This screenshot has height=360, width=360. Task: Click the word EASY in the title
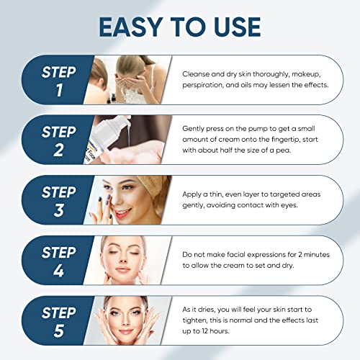[x=131, y=27]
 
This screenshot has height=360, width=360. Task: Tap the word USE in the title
[x=237, y=27]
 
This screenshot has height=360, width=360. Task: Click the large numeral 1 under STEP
[x=59, y=90]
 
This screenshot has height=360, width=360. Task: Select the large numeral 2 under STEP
[x=58, y=150]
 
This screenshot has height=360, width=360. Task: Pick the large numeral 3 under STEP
[x=59, y=210]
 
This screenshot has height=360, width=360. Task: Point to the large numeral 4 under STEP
[x=58, y=271]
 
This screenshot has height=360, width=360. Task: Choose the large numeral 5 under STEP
[x=59, y=330]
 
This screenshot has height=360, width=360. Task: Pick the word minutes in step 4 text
[x=317, y=254]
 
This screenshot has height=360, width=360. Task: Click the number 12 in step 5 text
[x=204, y=331]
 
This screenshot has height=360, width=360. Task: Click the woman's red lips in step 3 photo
[x=122, y=212]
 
